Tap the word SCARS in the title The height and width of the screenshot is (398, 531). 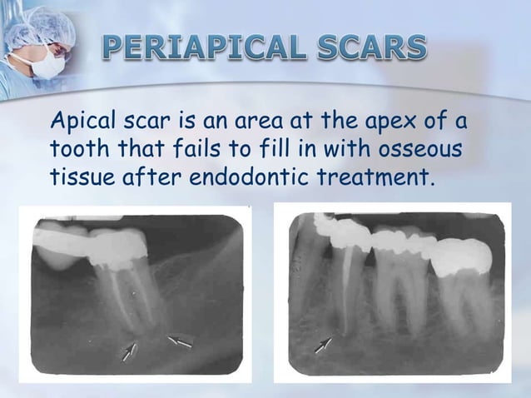pos(367,49)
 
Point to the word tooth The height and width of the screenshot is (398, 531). pos(76,151)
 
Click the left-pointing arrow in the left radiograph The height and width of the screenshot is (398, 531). pos(179,341)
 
